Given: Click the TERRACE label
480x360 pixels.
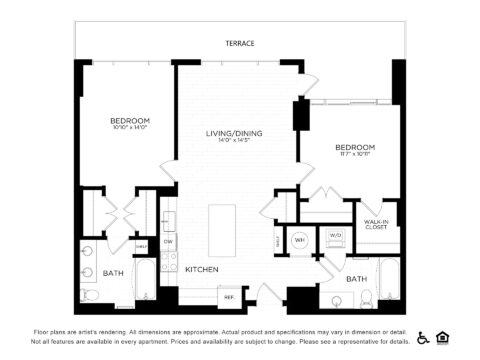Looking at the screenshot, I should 240,43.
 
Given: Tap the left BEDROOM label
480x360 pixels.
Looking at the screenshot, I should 130,120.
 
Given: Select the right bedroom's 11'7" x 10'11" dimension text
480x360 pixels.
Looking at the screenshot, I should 355,154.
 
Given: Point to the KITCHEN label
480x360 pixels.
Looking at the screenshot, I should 202,269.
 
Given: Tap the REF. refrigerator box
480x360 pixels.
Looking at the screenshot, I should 228,296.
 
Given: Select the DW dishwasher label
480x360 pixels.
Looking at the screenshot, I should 169,241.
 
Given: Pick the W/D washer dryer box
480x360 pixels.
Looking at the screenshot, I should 334,237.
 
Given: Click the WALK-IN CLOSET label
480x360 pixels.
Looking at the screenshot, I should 376,225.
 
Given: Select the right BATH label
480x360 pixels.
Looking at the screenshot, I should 356,279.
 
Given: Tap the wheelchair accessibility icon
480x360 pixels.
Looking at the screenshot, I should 423,337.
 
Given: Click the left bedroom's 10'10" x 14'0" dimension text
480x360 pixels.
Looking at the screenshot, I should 130,128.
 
